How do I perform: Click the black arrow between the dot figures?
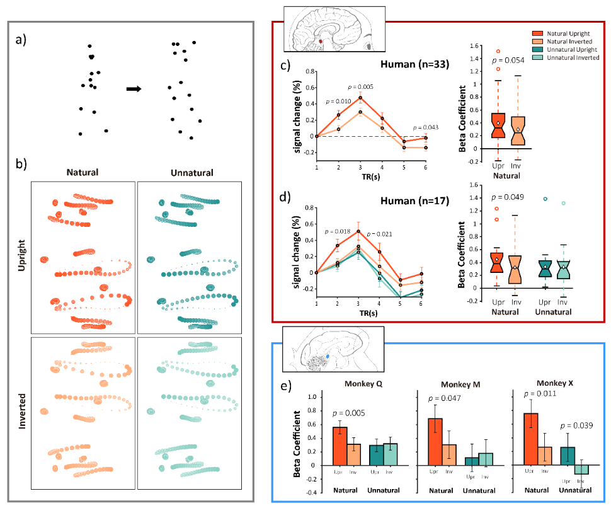(134, 89)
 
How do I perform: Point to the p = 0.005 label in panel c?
(362, 86)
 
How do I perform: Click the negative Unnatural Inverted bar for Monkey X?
(580, 470)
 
